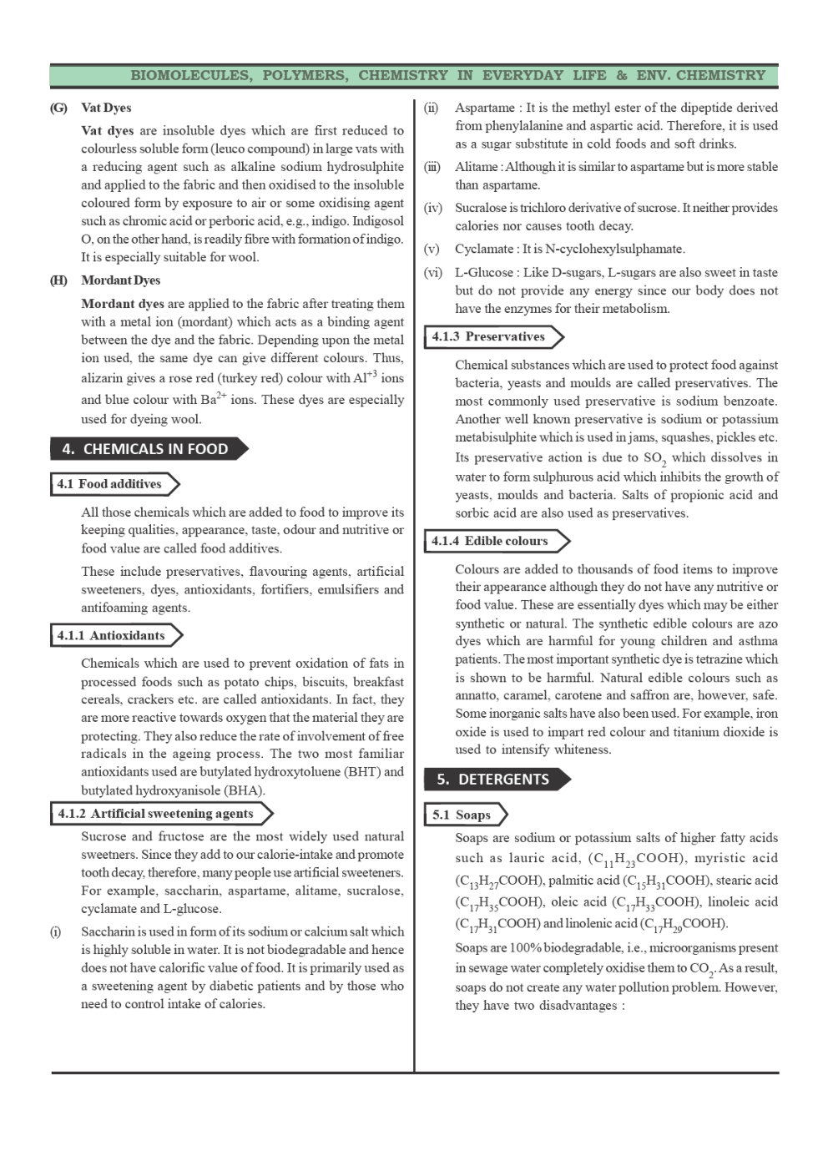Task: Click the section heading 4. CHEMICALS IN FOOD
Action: pyautogui.click(x=147, y=449)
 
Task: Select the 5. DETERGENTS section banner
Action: pyautogui.click(x=494, y=780)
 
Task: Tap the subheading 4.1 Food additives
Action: pyautogui.click(x=110, y=484)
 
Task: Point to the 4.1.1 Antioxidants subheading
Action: pyautogui.click(x=112, y=636)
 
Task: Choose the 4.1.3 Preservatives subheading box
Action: pyautogui.click(x=489, y=337)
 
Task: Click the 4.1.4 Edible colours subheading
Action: pyautogui.click(x=491, y=542)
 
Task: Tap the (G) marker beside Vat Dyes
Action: pyautogui.click(x=58, y=108)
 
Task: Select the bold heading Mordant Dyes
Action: pyautogui.click(x=120, y=280)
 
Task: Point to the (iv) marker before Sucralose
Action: pyautogui.click(x=432, y=208)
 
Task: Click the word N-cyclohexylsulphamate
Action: pyautogui.click(x=614, y=249)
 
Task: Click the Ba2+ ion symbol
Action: pyautogui.click(x=213, y=399)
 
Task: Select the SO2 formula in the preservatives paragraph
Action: pyautogui.click(x=654, y=458)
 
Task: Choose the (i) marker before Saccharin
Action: pyautogui.click(x=56, y=932)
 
